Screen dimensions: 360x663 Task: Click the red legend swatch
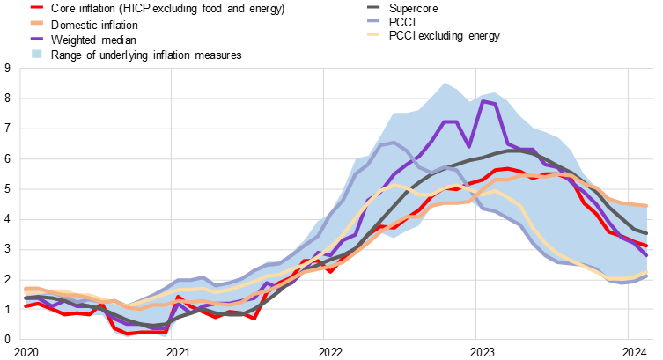[x=36, y=7]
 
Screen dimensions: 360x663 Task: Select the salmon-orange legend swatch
[x=36, y=23]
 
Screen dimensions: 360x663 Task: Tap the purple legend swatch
[x=36, y=39]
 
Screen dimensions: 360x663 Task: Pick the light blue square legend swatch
[x=37, y=54]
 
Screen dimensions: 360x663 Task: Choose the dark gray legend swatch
[x=373, y=7]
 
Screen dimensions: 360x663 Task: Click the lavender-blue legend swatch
[x=373, y=21]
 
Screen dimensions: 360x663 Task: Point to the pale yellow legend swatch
[x=373, y=35]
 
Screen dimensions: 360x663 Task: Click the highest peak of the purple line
[x=482, y=101]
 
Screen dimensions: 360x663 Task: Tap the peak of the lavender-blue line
[x=393, y=143]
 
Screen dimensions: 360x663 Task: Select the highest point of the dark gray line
[x=515, y=151]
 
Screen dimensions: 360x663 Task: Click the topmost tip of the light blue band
[x=445, y=84]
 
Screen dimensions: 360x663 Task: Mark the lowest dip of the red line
[x=128, y=334]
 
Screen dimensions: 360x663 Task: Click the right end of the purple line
[x=648, y=255]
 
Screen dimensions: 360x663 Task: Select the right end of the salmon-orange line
[x=648, y=206]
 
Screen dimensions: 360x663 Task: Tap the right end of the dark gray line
[x=648, y=233]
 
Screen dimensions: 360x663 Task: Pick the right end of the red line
[x=648, y=246]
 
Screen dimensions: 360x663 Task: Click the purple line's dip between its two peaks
[x=468, y=146]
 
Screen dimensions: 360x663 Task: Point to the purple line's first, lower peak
[x=449, y=122]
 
